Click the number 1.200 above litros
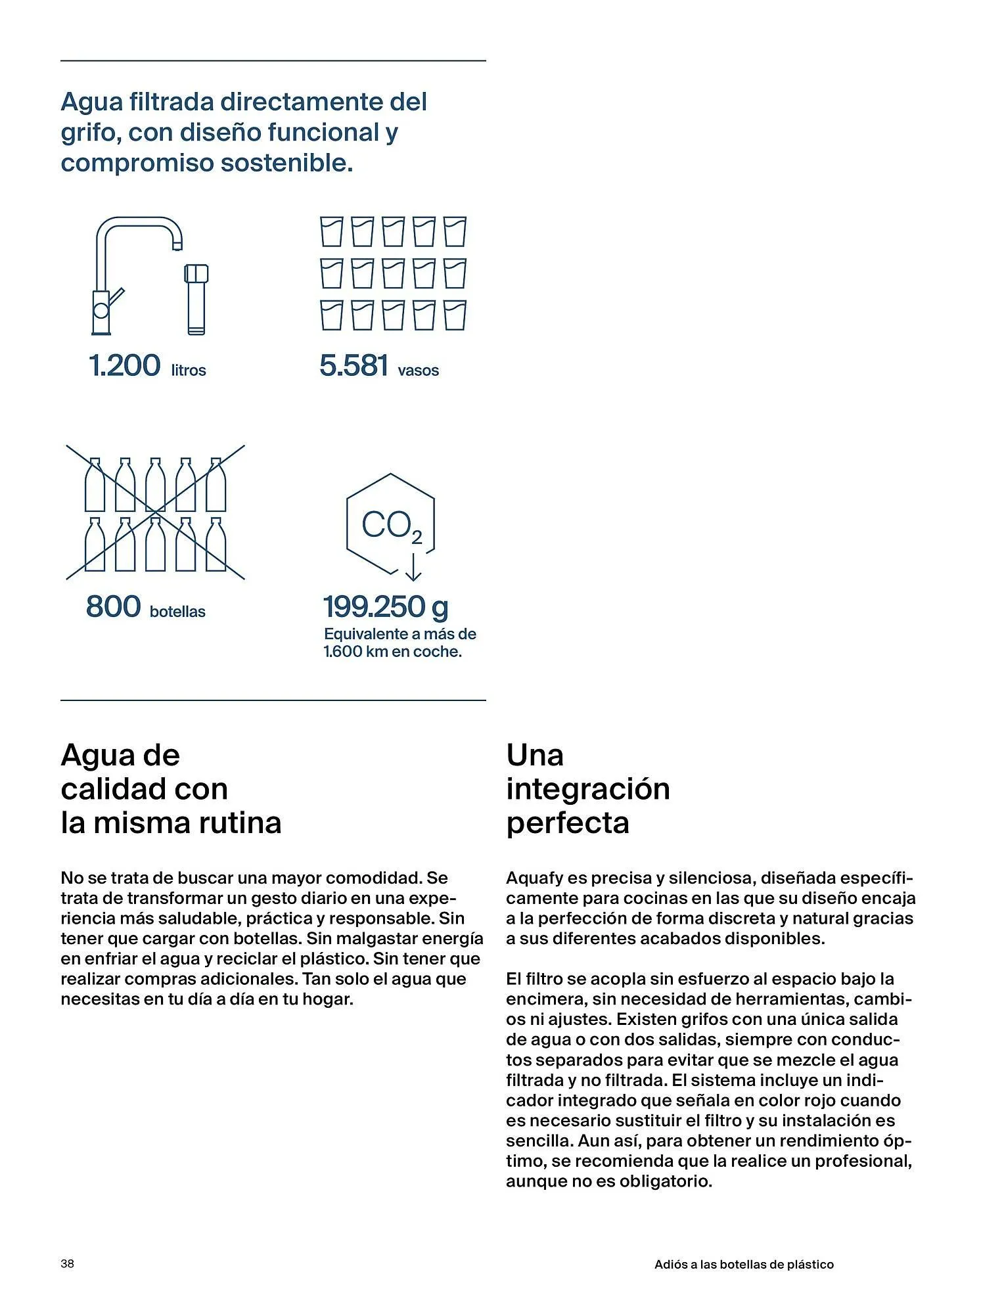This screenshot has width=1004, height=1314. (124, 365)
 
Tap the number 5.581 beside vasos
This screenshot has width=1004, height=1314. (354, 365)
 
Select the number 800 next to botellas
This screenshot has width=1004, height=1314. (113, 606)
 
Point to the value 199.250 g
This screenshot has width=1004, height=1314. (386, 606)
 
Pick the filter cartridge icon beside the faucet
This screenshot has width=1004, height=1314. (196, 299)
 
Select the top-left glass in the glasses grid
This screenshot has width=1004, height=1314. (331, 232)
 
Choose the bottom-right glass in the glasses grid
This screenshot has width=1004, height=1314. (455, 315)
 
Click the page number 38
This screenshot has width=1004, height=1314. (67, 1263)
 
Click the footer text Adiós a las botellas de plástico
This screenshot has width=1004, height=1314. (744, 1264)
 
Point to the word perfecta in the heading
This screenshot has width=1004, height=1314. (568, 823)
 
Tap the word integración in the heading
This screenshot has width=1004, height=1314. (588, 788)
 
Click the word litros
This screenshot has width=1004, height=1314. (189, 371)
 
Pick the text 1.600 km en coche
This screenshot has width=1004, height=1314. (392, 652)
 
